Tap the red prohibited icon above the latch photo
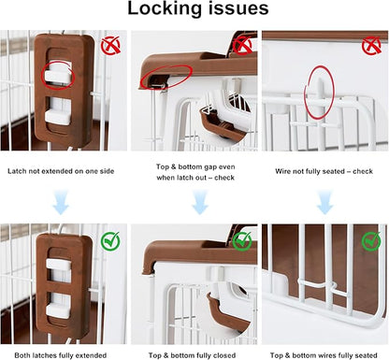(110, 46)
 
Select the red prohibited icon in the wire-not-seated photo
(371, 46)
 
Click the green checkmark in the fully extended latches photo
(110, 240)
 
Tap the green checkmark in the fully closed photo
(242, 240)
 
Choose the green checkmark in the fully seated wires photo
(371, 240)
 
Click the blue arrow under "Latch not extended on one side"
(61, 202)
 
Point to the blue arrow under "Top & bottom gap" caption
(200, 202)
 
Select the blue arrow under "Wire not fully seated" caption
(325, 202)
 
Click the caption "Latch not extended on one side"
(61, 171)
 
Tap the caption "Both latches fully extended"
(61, 355)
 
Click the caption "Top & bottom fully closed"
(192, 355)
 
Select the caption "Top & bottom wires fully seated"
(324, 355)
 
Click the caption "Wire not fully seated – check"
(324, 171)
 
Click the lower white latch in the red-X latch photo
(58, 116)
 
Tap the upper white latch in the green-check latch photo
(59, 264)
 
